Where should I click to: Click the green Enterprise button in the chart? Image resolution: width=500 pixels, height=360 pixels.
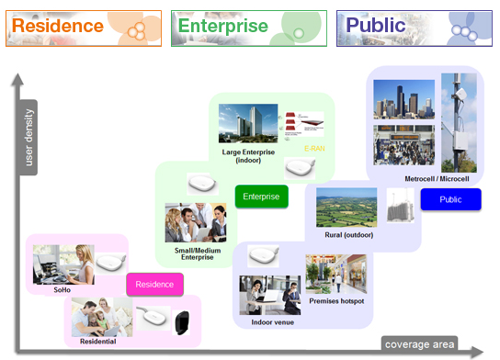coord(262,197)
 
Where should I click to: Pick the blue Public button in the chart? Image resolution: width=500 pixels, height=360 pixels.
coord(450,199)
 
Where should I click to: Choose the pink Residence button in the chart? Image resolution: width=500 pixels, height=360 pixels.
coord(154,285)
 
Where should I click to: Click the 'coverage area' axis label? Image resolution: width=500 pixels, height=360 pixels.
coord(419,343)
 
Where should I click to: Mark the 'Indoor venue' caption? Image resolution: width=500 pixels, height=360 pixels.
coord(271,322)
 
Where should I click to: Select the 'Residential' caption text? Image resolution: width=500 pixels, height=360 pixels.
coord(97,341)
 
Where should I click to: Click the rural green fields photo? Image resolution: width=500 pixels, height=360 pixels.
coord(346,208)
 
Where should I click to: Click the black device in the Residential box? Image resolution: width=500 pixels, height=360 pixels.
coord(182,321)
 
